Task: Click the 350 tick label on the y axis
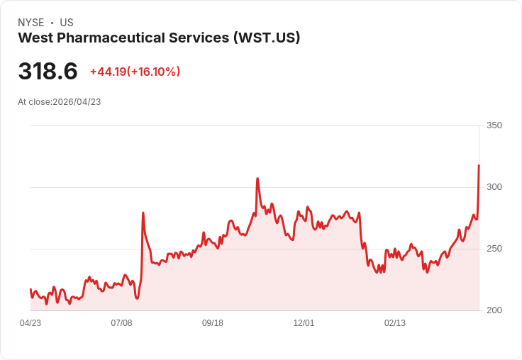(x=494, y=125)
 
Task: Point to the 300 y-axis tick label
(x=494, y=187)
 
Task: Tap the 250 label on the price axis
(x=494, y=249)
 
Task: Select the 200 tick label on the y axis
(x=494, y=310)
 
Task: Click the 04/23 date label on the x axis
(x=30, y=323)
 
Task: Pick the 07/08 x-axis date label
(x=121, y=323)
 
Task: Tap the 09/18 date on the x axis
(x=213, y=323)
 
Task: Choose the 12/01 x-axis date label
(x=304, y=323)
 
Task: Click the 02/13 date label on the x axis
(x=395, y=323)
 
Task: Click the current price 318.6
(x=48, y=72)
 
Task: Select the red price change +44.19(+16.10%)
(x=135, y=72)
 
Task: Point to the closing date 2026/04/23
(x=77, y=102)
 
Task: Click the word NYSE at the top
(x=30, y=23)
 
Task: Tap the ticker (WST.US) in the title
(x=266, y=38)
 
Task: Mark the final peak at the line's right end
(x=479, y=166)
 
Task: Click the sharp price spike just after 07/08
(x=143, y=213)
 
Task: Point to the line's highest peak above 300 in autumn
(x=257, y=179)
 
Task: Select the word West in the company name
(x=33, y=38)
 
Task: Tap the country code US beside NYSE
(x=67, y=23)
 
